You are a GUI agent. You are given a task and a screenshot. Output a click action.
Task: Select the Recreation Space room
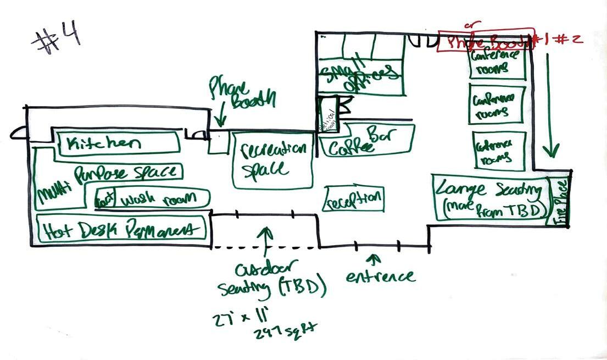tap(272, 160)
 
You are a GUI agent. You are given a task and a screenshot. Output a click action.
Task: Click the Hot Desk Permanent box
tap(121, 228)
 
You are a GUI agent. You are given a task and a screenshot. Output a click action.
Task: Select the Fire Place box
tap(560, 201)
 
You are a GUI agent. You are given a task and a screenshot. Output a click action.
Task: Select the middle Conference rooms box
tap(497, 104)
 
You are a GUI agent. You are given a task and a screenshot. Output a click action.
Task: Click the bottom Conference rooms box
tap(499, 151)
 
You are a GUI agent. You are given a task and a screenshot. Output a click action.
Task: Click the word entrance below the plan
tap(380, 275)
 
